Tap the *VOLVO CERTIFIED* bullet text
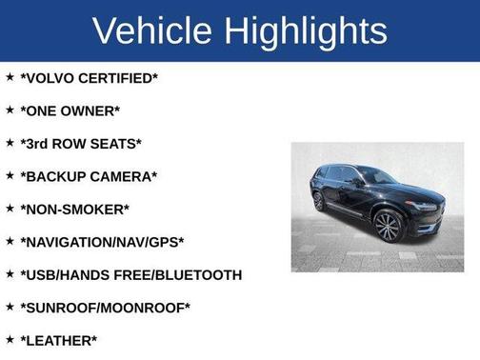(89, 78)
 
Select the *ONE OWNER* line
(70, 110)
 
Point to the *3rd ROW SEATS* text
(81, 144)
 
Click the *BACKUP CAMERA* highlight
(89, 176)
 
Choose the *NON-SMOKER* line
(74, 209)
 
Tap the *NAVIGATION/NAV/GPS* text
(102, 242)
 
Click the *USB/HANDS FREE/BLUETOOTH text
(130, 275)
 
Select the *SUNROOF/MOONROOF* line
(105, 308)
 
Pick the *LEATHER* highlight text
(58, 341)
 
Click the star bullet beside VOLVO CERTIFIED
(10, 76)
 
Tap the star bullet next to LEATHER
(10, 339)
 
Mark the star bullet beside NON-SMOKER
(10, 207)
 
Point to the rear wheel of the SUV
(319, 201)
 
